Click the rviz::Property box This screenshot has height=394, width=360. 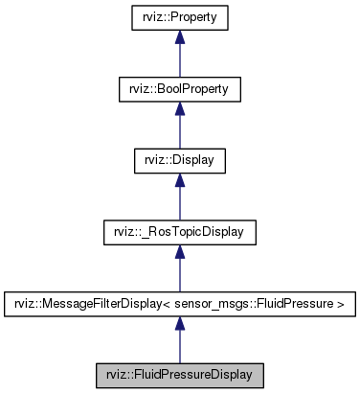tap(179, 17)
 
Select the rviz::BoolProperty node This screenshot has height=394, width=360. tap(179, 89)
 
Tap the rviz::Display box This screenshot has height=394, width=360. tap(179, 160)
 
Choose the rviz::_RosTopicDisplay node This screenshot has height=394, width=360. tap(179, 232)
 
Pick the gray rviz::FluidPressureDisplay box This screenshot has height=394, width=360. tap(179, 375)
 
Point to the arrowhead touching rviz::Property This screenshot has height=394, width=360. tap(179, 38)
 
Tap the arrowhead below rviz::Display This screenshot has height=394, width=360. tap(179, 181)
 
